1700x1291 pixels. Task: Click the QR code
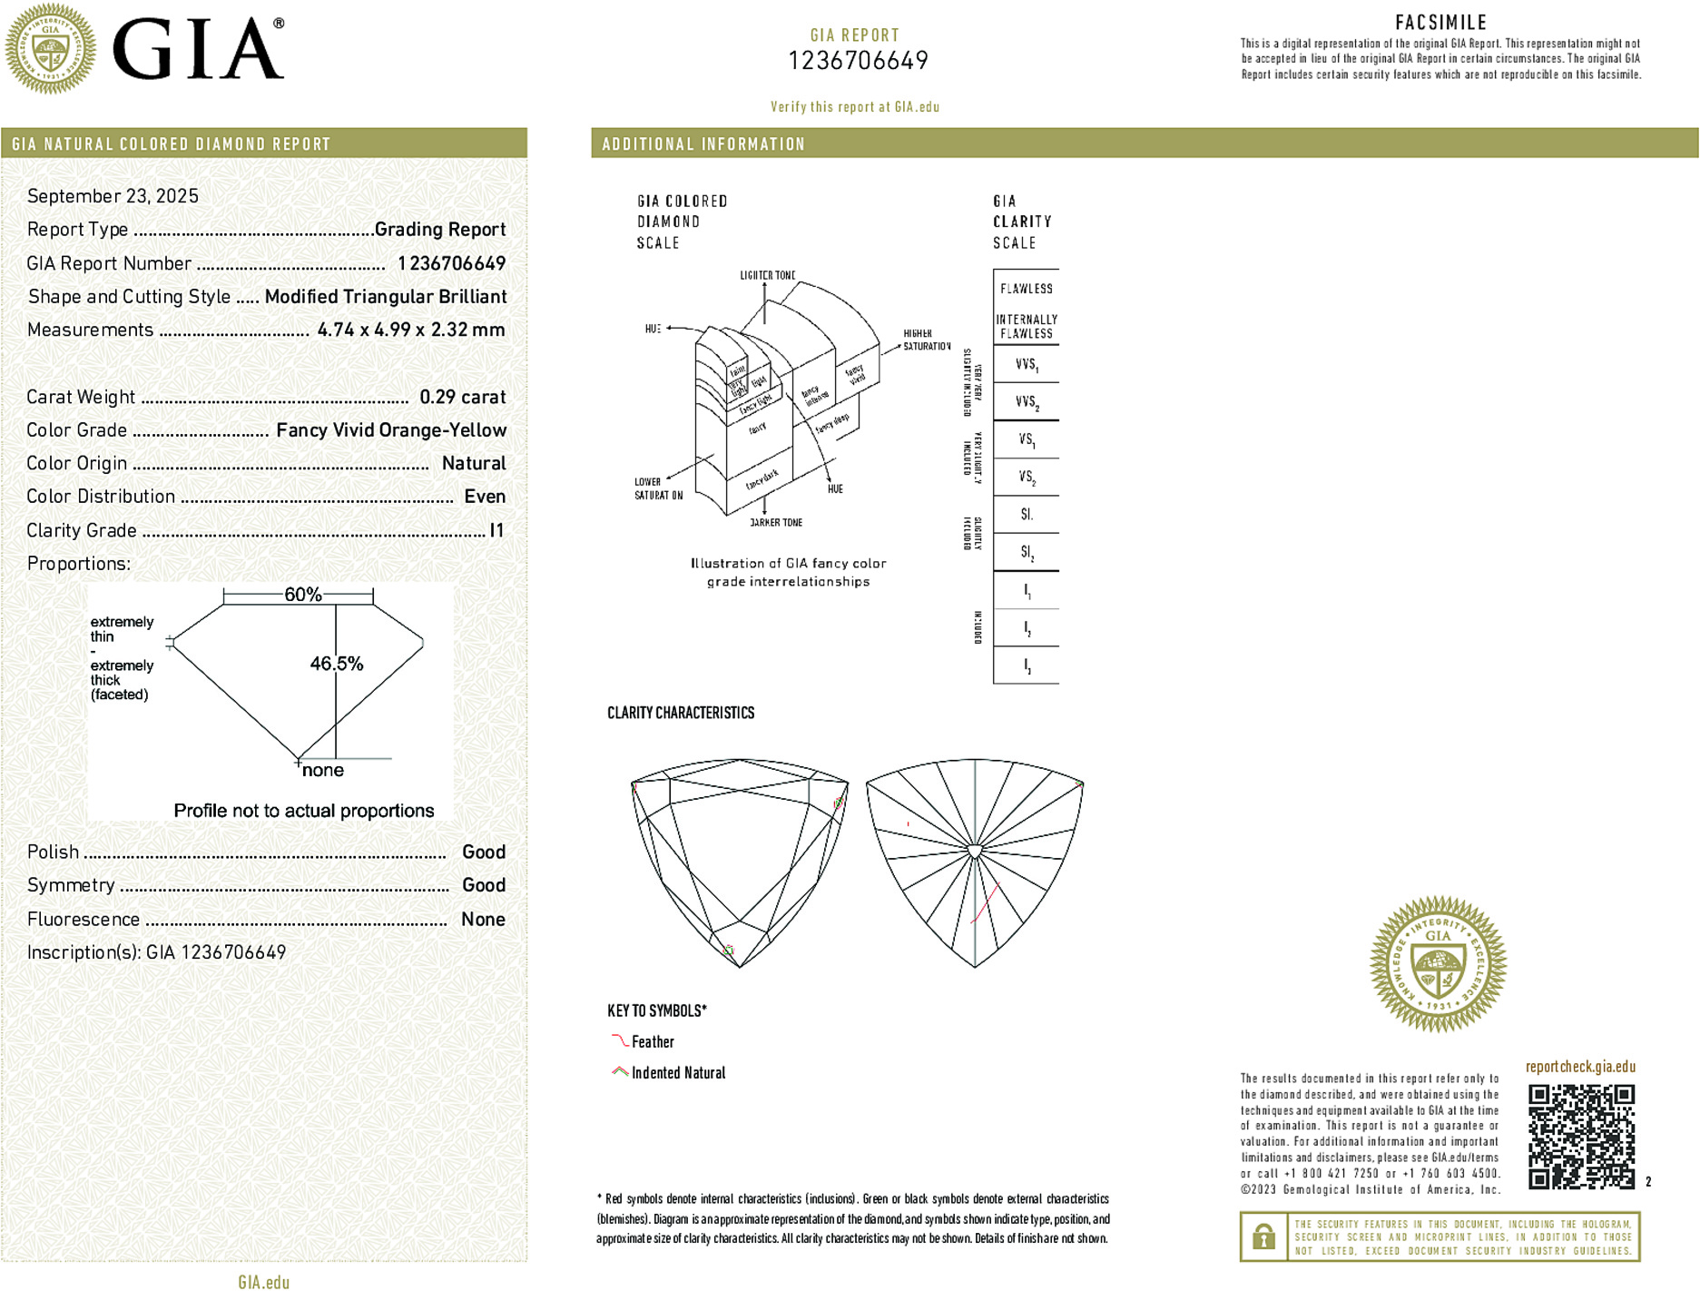click(x=1581, y=1136)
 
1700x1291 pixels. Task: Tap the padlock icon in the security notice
click(x=1263, y=1237)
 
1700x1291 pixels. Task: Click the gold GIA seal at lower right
click(x=1438, y=963)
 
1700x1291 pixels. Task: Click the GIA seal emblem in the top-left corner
click(x=51, y=48)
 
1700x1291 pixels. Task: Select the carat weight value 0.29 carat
click(x=462, y=397)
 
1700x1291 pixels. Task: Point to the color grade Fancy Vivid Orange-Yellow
click(x=391, y=430)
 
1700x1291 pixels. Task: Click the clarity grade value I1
click(x=496, y=530)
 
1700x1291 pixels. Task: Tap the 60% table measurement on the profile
click(x=303, y=595)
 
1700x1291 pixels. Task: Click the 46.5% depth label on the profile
click(x=337, y=664)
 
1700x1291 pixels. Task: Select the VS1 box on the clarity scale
click(x=1027, y=439)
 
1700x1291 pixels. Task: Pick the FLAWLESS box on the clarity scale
click(x=1027, y=289)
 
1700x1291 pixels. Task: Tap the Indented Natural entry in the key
click(x=678, y=1073)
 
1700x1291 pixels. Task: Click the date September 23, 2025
click(x=113, y=196)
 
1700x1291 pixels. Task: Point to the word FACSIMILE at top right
click(x=1440, y=23)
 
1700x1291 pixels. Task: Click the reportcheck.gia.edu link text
click(x=1580, y=1067)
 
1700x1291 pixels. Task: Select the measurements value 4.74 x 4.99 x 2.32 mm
click(x=411, y=330)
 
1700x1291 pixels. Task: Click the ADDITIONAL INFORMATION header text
click(x=703, y=144)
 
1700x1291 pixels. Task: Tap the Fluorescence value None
click(x=483, y=919)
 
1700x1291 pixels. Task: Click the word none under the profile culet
click(x=323, y=770)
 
